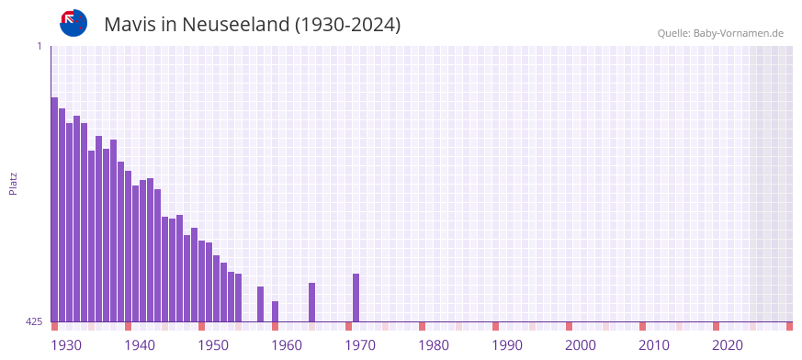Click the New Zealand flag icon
[x=73, y=23]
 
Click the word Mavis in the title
[x=130, y=25]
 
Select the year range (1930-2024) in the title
[x=347, y=25]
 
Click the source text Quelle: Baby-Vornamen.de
[x=720, y=33]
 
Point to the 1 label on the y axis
[x=39, y=46]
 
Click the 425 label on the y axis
[x=34, y=321]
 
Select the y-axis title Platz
[x=13, y=184]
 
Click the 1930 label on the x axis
[x=66, y=345]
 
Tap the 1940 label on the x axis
[x=140, y=345]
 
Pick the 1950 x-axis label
[x=213, y=345]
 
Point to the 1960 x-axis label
[x=287, y=345]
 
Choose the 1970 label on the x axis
[x=360, y=345]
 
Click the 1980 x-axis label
[x=434, y=345]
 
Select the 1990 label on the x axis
[x=507, y=345]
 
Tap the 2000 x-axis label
[x=581, y=345]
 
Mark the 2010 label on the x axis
[x=654, y=345]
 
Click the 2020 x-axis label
[x=728, y=345]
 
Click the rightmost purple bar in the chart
[x=356, y=298]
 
